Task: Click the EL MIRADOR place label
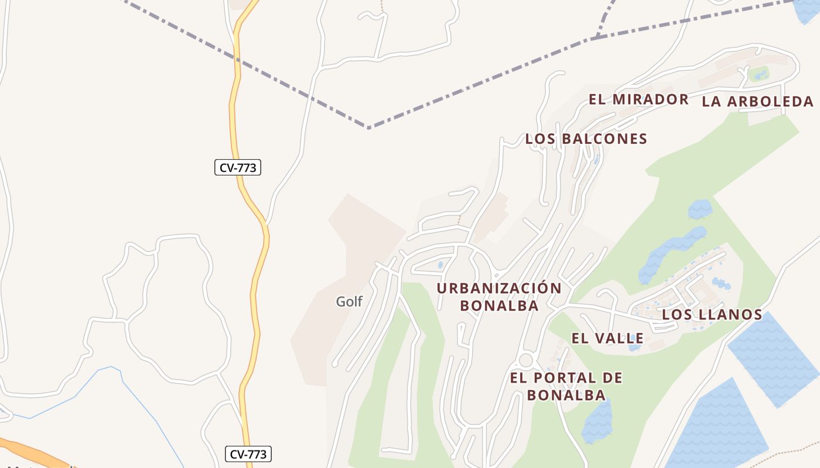click(638, 99)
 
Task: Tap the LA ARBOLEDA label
click(758, 102)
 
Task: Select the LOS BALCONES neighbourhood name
click(586, 139)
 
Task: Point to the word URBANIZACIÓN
click(499, 288)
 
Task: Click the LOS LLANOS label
click(712, 315)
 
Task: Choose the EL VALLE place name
click(607, 338)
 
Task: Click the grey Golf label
click(349, 302)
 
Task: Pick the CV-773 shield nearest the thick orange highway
click(248, 454)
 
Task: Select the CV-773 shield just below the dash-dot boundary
click(237, 168)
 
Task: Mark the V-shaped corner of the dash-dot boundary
click(368, 127)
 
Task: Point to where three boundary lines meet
click(596, 37)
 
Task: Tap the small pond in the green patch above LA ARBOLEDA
click(760, 75)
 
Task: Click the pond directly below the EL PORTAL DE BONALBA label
click(597, 421)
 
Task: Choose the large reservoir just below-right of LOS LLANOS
click(773, 360)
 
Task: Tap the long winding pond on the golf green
click(674, 252)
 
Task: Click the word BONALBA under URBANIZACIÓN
click(499, 305)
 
